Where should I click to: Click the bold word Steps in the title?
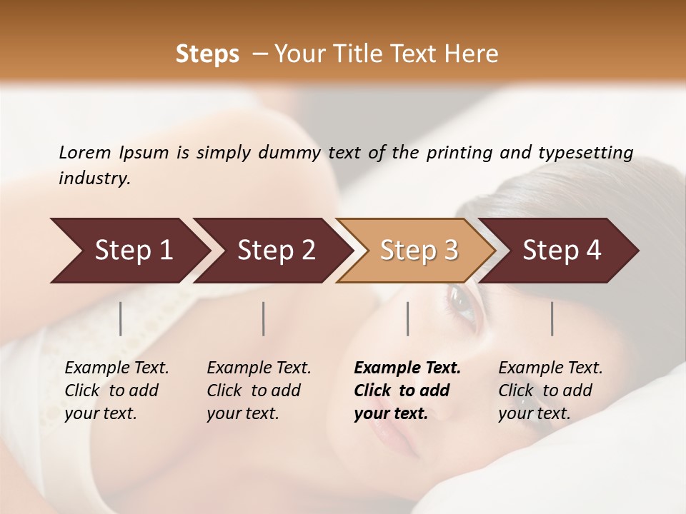tap(207, 54)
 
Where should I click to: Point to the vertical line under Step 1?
tap(121, 318)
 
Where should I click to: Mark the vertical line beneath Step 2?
tap(264, 318)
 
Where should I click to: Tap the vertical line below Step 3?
tap(408, 318)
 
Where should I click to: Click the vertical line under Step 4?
tap(552, 318)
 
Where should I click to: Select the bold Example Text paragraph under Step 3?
tap(407, 390)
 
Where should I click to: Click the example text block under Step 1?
tap(116, 390)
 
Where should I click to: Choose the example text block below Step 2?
tap(259, 390)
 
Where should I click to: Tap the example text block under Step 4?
tap(550, 390)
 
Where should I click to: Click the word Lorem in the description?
tap(84, 153)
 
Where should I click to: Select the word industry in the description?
tap(94, 178)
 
